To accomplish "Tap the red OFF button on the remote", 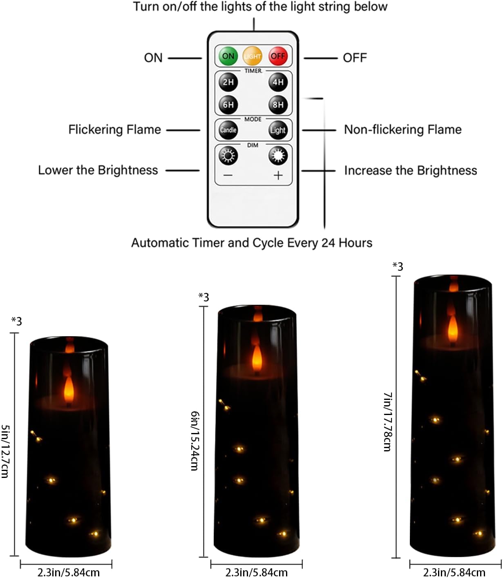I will click(278, 56).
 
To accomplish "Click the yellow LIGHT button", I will click(253, 56).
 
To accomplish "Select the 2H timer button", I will click(228, 82).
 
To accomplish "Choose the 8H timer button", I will click(278, 105).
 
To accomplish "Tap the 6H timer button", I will click(228, 105).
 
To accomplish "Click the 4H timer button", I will click(278, 82).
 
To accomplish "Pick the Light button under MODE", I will click(278, 130).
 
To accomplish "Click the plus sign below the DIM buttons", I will click(278, 175).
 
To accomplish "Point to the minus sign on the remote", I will click(228, 175).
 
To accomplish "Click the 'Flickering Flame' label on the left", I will click(114, 129).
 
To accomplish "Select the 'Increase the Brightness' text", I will click(410, 170).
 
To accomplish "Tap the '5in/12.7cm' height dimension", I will click(5, 451).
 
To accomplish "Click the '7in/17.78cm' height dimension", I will click(387, 422).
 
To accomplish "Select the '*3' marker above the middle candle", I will click(203, 297).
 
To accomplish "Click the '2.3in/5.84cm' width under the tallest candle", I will click(454, 572).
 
